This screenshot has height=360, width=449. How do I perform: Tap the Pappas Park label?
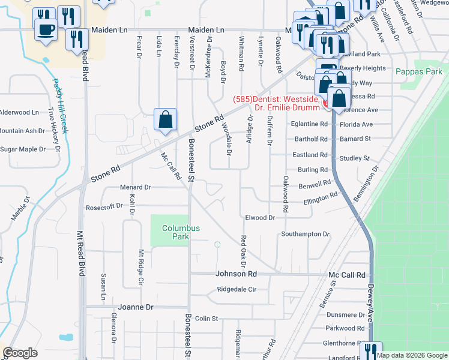(419, 71)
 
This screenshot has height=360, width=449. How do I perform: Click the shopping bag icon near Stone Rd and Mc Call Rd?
(165, 119)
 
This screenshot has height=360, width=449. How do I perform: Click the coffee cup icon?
(46, 29)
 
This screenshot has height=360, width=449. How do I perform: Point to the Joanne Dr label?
(136, 307)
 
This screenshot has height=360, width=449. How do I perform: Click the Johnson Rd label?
(236, 274)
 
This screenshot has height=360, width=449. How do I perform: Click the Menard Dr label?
(134, 187)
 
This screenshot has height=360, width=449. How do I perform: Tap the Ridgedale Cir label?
(237, 289)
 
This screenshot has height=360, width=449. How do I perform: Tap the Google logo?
(20, 353)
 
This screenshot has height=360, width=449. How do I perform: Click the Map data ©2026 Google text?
(412, 355)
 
